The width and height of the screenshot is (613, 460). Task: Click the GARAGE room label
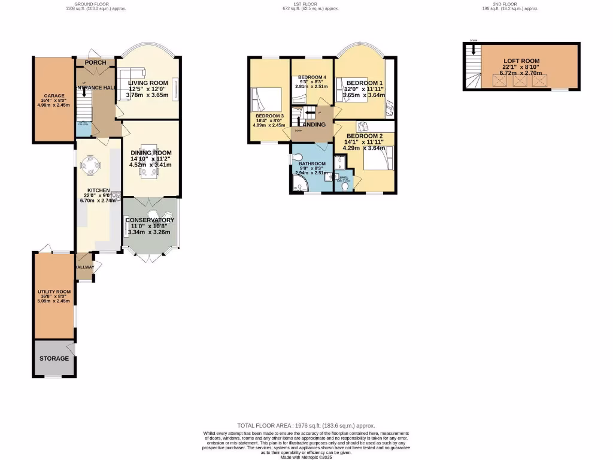(54, 95)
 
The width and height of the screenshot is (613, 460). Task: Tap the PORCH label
(95, 62)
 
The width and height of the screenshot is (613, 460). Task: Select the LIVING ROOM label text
(148, 83)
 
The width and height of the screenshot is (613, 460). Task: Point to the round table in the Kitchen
(92, 166)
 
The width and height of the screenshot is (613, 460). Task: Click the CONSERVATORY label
(150, 220)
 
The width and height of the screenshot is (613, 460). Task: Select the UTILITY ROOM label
(54, 292)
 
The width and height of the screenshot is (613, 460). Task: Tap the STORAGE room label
(54, 359)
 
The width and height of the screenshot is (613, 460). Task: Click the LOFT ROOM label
(521, 61)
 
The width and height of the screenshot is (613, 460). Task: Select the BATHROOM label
(312, 164)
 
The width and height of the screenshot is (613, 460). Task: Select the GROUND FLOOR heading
(96, 5)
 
